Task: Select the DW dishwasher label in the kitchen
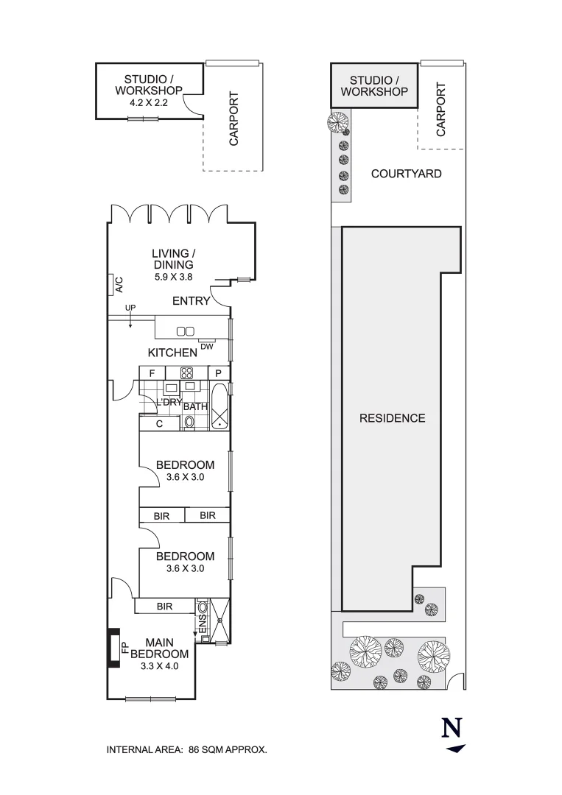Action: tap(206, 346)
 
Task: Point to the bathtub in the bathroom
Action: tap(219, 406)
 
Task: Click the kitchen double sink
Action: tap(185, 331)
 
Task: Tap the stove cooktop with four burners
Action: tap(187, 373)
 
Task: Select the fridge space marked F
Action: tap(152, 373)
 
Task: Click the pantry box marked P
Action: tap(219, 373)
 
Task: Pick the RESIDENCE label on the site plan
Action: tap(392, 418)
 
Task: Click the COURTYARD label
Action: tap(406, 174)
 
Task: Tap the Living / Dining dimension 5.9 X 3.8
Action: tap(173, 278)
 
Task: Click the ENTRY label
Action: tap(191, 301)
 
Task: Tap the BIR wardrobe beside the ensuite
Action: tap(164, 607)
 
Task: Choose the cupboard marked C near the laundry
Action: tap(159, 424)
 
